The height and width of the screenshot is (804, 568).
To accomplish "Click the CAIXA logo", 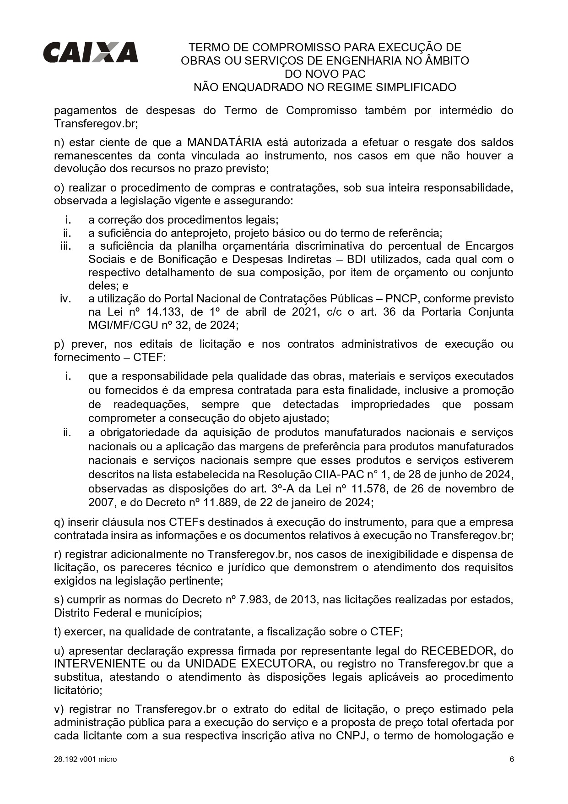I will [x=90, y=52].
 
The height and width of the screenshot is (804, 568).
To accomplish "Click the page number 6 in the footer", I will [x=512, y=759].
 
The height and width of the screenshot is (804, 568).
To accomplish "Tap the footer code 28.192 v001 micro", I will [x=85, y=759].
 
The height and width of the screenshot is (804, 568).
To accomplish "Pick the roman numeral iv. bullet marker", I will [x=65, y=299].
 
